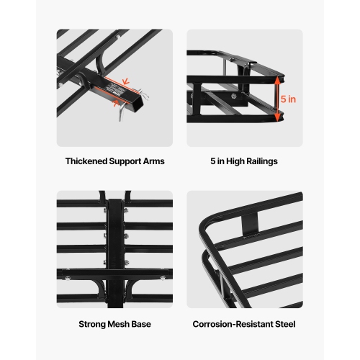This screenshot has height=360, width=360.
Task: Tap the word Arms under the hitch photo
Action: [153, 161]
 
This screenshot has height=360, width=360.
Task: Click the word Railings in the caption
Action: [261, 161]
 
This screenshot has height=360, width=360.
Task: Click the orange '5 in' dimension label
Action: [288, 99]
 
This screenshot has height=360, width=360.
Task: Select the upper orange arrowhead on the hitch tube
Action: [127, 80]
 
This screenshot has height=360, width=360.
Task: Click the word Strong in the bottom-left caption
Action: [94, 324]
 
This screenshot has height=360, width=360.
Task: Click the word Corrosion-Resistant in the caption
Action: [233, 324]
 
